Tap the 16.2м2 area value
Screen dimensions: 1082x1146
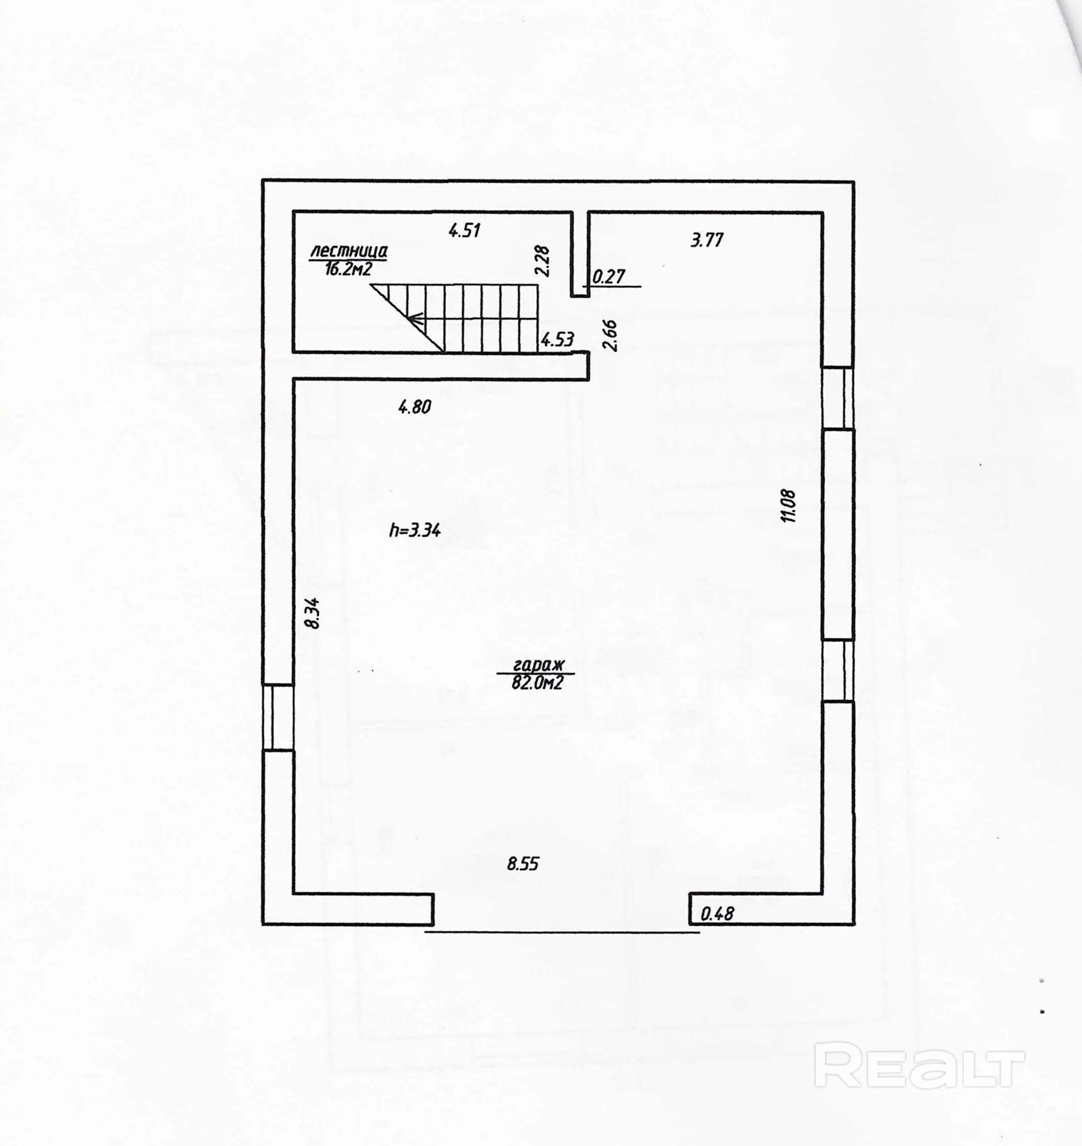348,269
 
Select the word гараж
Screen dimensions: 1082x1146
535,665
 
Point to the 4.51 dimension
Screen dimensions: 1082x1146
465,231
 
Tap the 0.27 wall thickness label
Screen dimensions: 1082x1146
608,277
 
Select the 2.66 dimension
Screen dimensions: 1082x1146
610,335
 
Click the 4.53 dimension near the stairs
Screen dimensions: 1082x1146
557,340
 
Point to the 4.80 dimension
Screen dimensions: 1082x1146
415,407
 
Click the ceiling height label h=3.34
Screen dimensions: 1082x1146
415,530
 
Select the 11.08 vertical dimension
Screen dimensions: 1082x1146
788,506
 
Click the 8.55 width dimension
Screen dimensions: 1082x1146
523,864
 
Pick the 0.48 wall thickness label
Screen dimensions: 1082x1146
717,914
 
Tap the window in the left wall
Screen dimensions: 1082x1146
278,717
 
